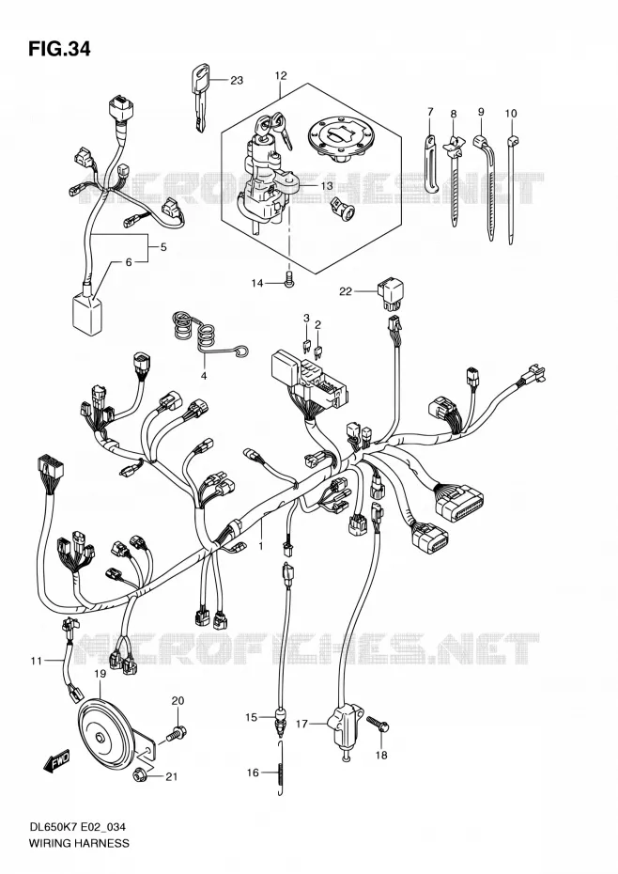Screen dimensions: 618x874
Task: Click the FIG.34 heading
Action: [x=58, y=50]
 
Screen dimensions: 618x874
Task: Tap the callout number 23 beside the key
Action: [x=237, y=81]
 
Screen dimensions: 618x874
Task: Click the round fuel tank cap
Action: [x=335, y=136]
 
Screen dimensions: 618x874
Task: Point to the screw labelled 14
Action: [x=288, y=278]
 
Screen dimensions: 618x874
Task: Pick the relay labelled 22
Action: [x=391, y=294]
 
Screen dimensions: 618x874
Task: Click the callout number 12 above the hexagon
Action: [x=280, y=75]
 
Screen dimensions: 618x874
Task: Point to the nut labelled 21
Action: [x=140, y=774]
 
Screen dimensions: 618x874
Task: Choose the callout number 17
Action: [x=301, y=724]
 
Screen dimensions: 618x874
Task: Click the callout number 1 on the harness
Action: [x=259, y=546]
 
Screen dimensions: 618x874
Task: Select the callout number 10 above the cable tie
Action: [x=511, y=114]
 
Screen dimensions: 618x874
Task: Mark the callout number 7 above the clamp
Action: [x=430, y=112]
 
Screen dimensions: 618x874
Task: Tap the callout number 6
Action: [x=129, y=262]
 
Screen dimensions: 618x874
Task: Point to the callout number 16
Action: [x=253, y=773]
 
